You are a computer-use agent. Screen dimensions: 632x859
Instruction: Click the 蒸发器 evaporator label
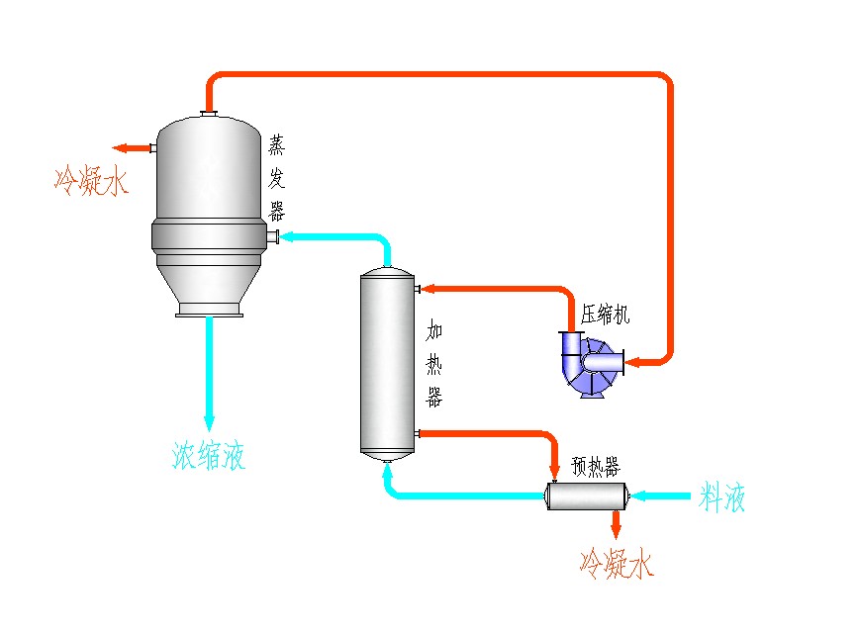277,179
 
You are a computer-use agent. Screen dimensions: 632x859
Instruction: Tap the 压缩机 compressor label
605,316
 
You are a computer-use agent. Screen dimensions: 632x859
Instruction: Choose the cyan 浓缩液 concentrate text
209,455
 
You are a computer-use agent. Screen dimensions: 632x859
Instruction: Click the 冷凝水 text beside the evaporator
91,181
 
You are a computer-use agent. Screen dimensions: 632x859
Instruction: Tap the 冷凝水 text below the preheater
617,565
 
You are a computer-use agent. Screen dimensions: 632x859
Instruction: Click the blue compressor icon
591,363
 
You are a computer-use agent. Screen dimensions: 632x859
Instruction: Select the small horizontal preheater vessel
589,496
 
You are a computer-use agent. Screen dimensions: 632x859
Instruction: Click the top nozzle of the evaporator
209,115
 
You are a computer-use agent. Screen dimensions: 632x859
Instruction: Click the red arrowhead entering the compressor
631,361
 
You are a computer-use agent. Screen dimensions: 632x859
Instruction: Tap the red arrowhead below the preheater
617,531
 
